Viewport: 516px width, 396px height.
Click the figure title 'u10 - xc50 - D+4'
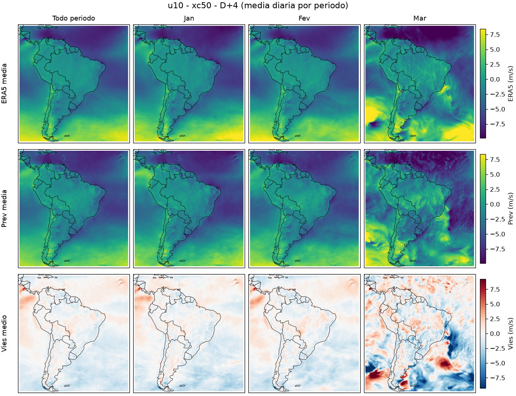[203, 6]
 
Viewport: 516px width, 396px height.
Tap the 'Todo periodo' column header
[74, 18]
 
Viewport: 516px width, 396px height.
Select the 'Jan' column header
[189, 18]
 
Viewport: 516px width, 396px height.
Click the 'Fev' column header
[304, 18]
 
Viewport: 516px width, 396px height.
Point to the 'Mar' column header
[420, 18]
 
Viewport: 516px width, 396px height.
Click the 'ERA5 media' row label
[4, 84]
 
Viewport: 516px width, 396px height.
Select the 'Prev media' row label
[4, 208]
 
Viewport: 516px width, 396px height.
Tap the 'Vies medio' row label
[4, 333]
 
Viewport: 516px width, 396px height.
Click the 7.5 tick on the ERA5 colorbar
[495, 34]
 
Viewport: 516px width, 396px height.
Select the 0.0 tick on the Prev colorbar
[495, 204]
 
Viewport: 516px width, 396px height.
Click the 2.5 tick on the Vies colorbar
[495, 319]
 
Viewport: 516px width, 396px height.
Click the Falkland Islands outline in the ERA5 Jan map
[182, 136]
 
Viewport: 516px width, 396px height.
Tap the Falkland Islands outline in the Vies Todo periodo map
[67, 385]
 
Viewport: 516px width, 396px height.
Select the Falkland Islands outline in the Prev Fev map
[298, 261]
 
